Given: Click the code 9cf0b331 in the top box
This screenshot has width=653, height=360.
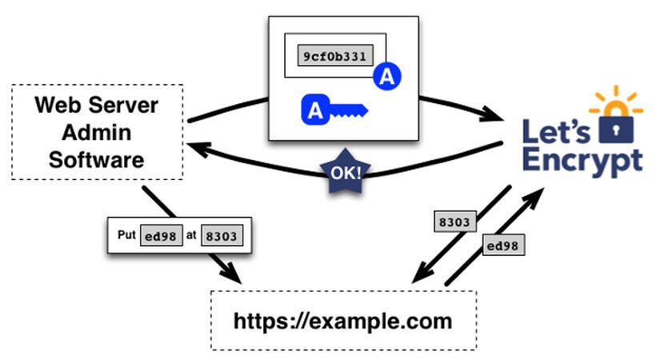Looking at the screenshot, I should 335,57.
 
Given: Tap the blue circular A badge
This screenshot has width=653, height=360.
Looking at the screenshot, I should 387,78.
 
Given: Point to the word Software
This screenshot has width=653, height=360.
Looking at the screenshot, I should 97,158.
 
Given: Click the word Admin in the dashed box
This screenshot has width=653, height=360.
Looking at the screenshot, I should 97,132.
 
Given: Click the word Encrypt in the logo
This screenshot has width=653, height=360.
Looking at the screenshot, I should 582,159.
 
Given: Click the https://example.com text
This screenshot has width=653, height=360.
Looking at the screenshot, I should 343,321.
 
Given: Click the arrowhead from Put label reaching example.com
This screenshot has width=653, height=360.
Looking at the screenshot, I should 233,274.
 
